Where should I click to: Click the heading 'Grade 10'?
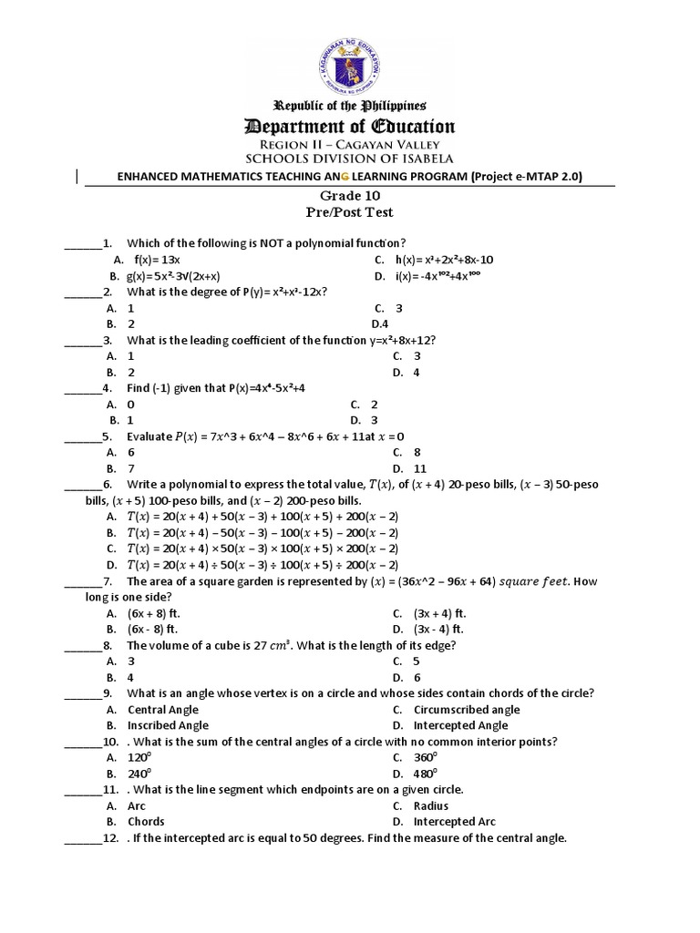[x=350, y=195]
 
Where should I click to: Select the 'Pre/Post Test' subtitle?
[x=350, y=212]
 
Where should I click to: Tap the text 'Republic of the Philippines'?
[x=350, y=106]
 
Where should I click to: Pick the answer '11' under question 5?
[x=420, y=468]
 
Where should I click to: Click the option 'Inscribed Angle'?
[x=168, y=725]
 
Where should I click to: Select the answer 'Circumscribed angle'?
[x=467, y=710]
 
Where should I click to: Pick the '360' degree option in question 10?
[x=426, y=758]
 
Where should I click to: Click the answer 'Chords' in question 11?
[x=146, y=822]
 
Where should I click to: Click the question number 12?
[x=111, y=838]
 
